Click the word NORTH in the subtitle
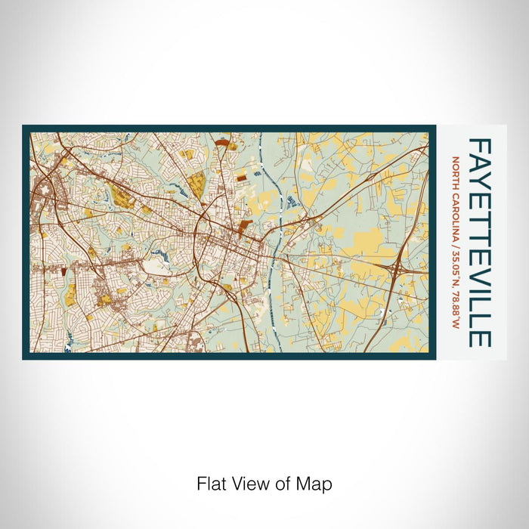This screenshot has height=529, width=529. point(456,171)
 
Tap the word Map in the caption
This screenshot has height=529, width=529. point(317,483)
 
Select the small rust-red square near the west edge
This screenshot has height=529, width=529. point(64,268)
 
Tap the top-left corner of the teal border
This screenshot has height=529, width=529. point(24,127)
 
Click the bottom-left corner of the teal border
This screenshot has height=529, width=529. point(24,357)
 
